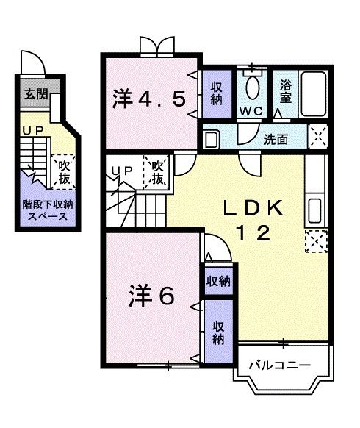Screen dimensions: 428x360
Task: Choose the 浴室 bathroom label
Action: [287, 91]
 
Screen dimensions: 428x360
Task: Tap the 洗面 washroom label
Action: [276, 138]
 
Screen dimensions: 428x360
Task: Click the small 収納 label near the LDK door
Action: [219, 281]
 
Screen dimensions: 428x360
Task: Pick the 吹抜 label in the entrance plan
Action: [64, 172]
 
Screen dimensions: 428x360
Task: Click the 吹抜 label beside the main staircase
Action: [157, 172]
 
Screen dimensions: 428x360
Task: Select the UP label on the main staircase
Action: [121, 171]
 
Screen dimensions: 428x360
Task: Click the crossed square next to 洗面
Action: [317, 137]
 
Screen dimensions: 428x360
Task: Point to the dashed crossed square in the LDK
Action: [317, 240]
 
